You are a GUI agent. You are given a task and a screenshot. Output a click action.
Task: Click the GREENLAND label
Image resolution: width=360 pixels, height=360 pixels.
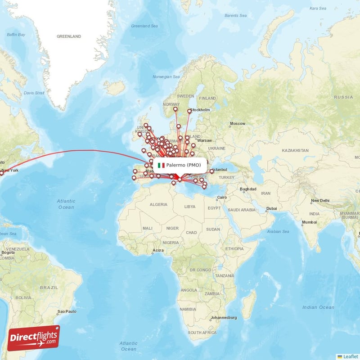point(69,36)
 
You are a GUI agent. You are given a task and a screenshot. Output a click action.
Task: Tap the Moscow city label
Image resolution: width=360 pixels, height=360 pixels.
point(238,123)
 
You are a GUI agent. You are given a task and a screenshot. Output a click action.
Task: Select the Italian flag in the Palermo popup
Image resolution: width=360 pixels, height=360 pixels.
point(161,165)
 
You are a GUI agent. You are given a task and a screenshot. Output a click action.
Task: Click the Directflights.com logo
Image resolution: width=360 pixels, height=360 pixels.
point(34,337)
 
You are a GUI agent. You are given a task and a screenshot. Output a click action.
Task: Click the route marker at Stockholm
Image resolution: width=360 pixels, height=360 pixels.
point(189,111)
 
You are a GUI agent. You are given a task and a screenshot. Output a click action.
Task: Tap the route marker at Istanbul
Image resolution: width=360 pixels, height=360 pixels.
point(211,171)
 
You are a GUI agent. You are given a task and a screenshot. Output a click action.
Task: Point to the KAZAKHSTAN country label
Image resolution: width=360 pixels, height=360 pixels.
point(295,150)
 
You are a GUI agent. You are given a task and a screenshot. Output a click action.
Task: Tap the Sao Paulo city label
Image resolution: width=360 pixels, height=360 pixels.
point(67,311)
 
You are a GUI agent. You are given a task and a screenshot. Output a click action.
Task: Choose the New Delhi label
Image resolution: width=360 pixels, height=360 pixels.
point(320,200)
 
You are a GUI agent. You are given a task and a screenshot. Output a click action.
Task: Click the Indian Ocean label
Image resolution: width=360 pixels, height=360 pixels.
point(318,307)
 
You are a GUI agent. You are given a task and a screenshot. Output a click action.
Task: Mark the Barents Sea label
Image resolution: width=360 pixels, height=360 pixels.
point(236,15)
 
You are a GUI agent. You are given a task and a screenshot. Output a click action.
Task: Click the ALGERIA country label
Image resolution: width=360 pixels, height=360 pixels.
point(158,204)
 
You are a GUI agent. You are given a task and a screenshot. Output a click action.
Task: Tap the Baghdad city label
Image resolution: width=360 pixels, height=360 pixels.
point(248,189)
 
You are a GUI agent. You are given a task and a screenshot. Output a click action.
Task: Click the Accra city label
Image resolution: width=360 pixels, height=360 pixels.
point(158,250)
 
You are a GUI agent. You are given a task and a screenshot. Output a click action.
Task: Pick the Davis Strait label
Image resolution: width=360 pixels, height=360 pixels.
point(34,93)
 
